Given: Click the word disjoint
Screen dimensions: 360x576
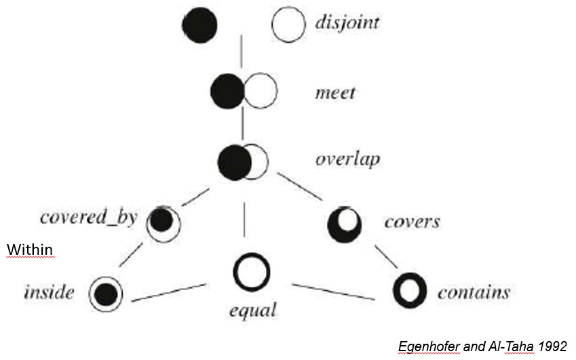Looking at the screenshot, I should [347, 22].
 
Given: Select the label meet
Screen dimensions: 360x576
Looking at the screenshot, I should [335, 92].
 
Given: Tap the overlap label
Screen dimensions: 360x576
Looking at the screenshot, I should [347, 160].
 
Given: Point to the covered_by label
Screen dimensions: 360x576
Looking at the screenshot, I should [88, 217].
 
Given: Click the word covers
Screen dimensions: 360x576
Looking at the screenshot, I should [412, 222].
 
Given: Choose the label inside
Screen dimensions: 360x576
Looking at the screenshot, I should [48, 293].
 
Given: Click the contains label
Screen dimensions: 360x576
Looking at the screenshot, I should [474, 292].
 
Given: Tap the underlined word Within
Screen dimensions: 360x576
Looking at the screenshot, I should [30, 250].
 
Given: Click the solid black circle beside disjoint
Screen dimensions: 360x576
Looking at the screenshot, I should [199, 25].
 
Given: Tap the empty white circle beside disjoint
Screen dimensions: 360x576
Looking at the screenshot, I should [288, 24].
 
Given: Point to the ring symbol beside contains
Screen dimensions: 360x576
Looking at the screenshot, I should [410, 290].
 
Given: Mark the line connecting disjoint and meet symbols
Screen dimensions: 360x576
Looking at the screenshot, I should [242, 57].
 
